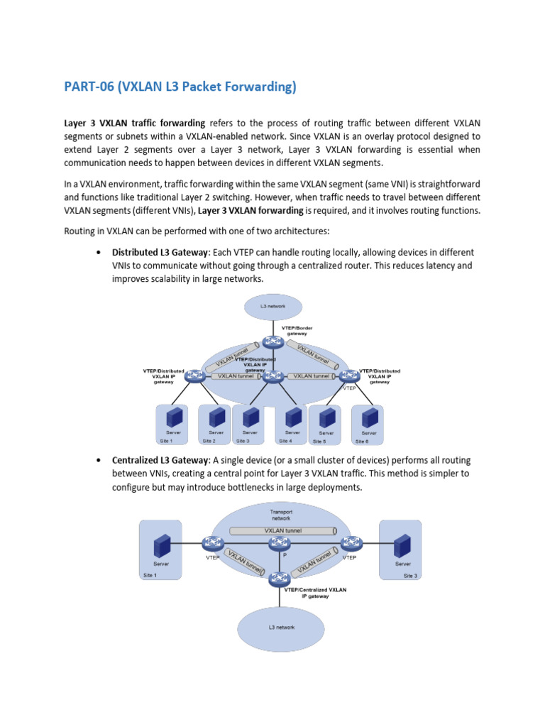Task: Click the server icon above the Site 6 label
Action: click(x=368, y=418)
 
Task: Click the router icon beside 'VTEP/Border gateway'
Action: click(x=270, y=342)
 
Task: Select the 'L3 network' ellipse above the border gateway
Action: click(x=273, y=307)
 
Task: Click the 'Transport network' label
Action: click(x=280, y=515)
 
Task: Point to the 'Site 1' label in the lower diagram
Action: click(x=150, y=576)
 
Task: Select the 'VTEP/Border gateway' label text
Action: click(x=297, y=330)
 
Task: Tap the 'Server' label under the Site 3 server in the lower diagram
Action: click(x=403, y=564)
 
